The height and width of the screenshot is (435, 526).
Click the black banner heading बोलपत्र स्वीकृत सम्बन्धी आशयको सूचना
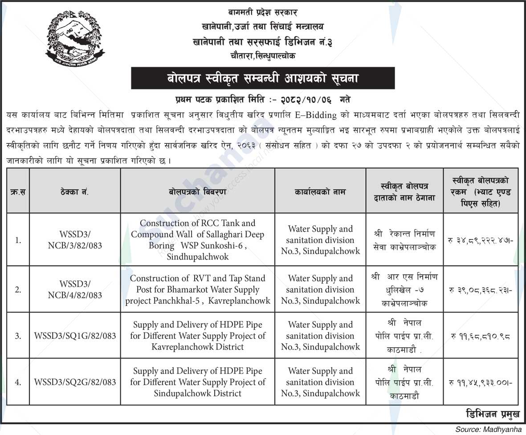(x=262, y=78)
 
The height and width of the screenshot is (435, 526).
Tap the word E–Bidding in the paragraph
(x=316, y=115)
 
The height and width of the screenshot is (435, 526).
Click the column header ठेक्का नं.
(x=74, y=192)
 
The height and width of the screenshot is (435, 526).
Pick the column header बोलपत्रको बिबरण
(x=197, y=192)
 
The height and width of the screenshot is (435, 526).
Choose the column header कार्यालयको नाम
(x=320, y=192)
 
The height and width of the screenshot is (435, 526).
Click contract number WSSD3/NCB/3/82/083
(x=74, y=240)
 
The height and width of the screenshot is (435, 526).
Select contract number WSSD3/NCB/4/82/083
(x=74, y=289)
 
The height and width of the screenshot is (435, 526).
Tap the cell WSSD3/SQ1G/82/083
(x=74, y=336)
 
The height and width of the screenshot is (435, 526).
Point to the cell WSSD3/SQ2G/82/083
(x=74, y=382)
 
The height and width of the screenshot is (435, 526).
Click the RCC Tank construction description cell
(x=197, y=240)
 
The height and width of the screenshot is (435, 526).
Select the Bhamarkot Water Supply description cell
(x=197, y=289)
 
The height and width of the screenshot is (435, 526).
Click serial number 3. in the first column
(x=18, y=336)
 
